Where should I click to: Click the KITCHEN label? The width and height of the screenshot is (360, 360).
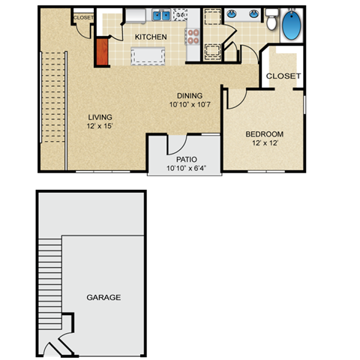(150, 36)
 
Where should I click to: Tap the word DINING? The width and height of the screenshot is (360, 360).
(190, 95)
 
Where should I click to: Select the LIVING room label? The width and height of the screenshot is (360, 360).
(100, 117)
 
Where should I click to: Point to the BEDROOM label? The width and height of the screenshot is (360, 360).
(264, 135)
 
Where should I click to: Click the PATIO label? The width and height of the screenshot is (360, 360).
(186, 159)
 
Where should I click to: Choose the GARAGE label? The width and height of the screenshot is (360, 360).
(103, 298)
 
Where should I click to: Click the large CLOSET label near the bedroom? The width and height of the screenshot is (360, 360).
(283, 76)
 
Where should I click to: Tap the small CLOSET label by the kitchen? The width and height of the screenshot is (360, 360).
(82, 17)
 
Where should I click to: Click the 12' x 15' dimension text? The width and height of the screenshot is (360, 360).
(100, 127)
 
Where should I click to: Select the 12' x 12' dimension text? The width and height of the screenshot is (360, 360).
(264, 145)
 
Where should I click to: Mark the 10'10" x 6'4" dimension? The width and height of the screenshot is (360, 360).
(186, 169)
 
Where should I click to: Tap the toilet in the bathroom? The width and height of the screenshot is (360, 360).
(271, 21)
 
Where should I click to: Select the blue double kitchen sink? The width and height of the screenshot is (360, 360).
(161, 15)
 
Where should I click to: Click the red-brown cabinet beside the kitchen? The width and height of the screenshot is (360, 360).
(102, 50)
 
